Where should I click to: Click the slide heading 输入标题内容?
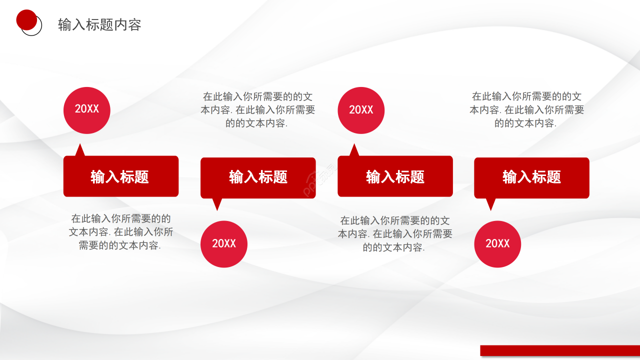coord(99,24)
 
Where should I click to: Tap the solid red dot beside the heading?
coord(26,19)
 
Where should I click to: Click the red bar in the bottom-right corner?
coord(560,350)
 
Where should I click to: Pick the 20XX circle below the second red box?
coord(224,244)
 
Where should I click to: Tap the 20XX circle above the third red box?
coord(361,110)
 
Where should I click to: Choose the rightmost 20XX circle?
coord(497,244)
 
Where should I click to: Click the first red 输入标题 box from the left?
coord(120,176)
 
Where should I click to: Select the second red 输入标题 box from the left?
coord(258,177)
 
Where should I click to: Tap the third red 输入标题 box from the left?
coord(395,176)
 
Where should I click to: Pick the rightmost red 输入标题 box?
coord(531,177)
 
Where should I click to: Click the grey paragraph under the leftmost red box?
coord(120,232)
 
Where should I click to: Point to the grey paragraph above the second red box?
coord(257,110)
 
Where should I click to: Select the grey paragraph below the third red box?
coord(394,234)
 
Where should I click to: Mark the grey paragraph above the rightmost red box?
coord(526,110)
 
